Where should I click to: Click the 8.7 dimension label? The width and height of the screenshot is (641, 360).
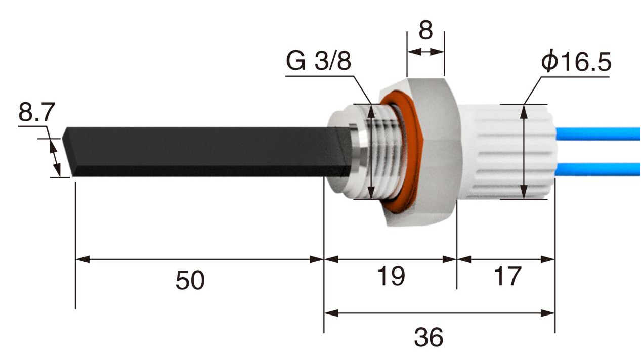coord(36,112)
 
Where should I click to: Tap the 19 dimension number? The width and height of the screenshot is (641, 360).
coord(391,276)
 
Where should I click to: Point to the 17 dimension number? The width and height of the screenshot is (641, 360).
coord(506,276)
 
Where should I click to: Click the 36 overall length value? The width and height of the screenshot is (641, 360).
coord(429,337)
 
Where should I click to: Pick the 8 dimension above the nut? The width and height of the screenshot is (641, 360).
coord(426,31)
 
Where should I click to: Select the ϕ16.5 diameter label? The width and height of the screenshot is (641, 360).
coord(576,62)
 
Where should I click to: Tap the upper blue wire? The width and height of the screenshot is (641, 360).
coord(597,133)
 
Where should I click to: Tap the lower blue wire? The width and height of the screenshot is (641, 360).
coord(597,169)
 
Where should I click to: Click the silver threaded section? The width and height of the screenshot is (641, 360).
coord(387,152)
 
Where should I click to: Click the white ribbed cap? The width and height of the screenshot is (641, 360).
coord(506,152)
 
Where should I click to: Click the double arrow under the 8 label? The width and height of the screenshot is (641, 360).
coord(425,52)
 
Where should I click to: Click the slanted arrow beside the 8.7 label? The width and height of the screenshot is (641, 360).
coord(55,158)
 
